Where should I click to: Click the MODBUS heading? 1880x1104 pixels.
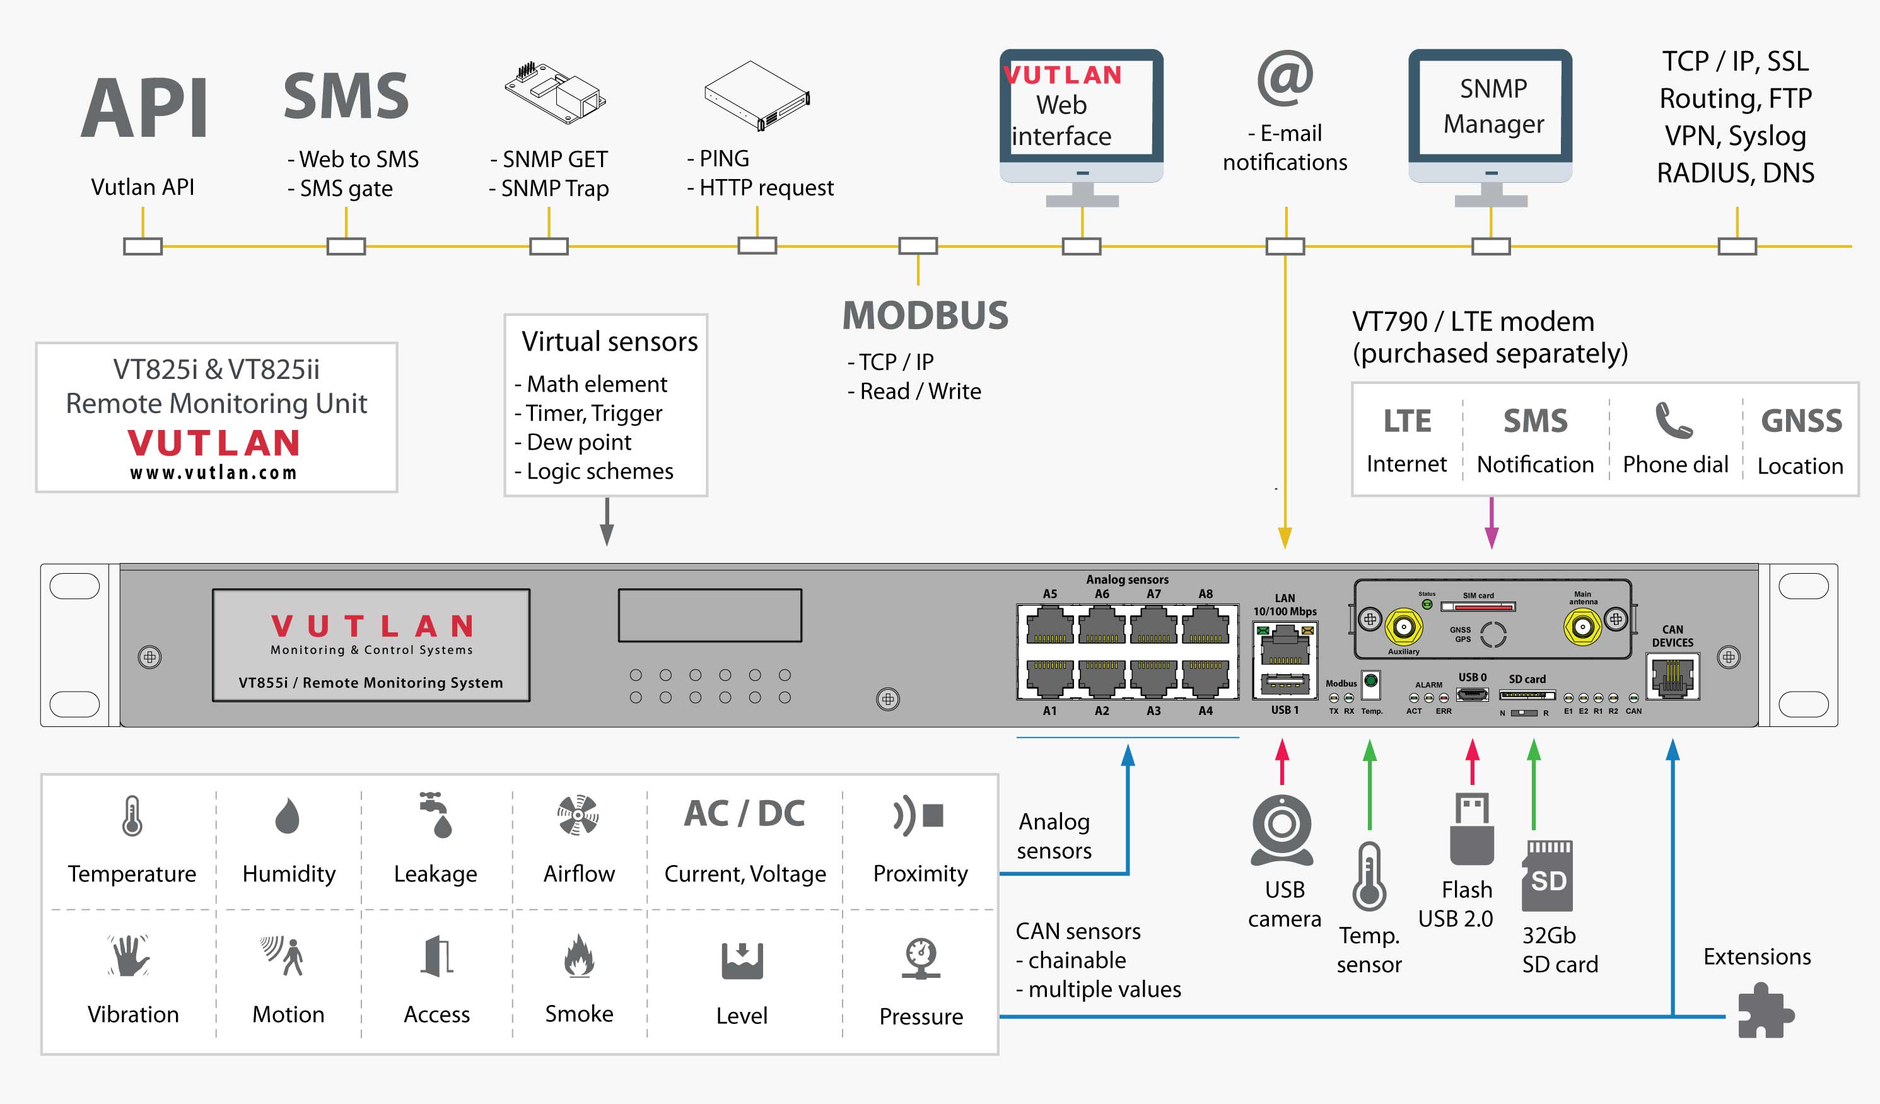pyautogui.click(x=925, y=315)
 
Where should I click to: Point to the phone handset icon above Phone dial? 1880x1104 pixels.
pyautogui.click(x=1673, y=420)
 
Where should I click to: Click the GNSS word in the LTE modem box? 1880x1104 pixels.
pyautogui.click(x=1801, y=421)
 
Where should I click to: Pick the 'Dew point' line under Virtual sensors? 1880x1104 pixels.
pyautogui.click(x=579, y=443)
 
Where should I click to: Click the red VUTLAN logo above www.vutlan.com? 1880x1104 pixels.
pyautogui.click(x=214, y=443)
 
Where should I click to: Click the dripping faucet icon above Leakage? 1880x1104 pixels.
pyautogui.click(x=436, y=815)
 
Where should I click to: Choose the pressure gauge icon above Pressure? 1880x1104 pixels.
pyautogui.click(x=921, y=958)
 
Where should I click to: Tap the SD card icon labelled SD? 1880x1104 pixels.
pyautogui.click(x=1547, y=876)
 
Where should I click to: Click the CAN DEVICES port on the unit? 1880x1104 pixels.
pyautogui.click(x=1672, y=677)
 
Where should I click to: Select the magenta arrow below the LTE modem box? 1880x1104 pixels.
pyautogui.click(x=1492, y=523)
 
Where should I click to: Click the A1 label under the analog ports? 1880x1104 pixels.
pyautogui.click(x=1049, y=711)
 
